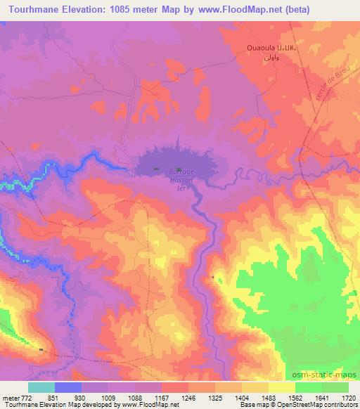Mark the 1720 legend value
[347, 398]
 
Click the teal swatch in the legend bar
[41, 388]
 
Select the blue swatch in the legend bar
[68, 388]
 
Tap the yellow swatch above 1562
[282, 388]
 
